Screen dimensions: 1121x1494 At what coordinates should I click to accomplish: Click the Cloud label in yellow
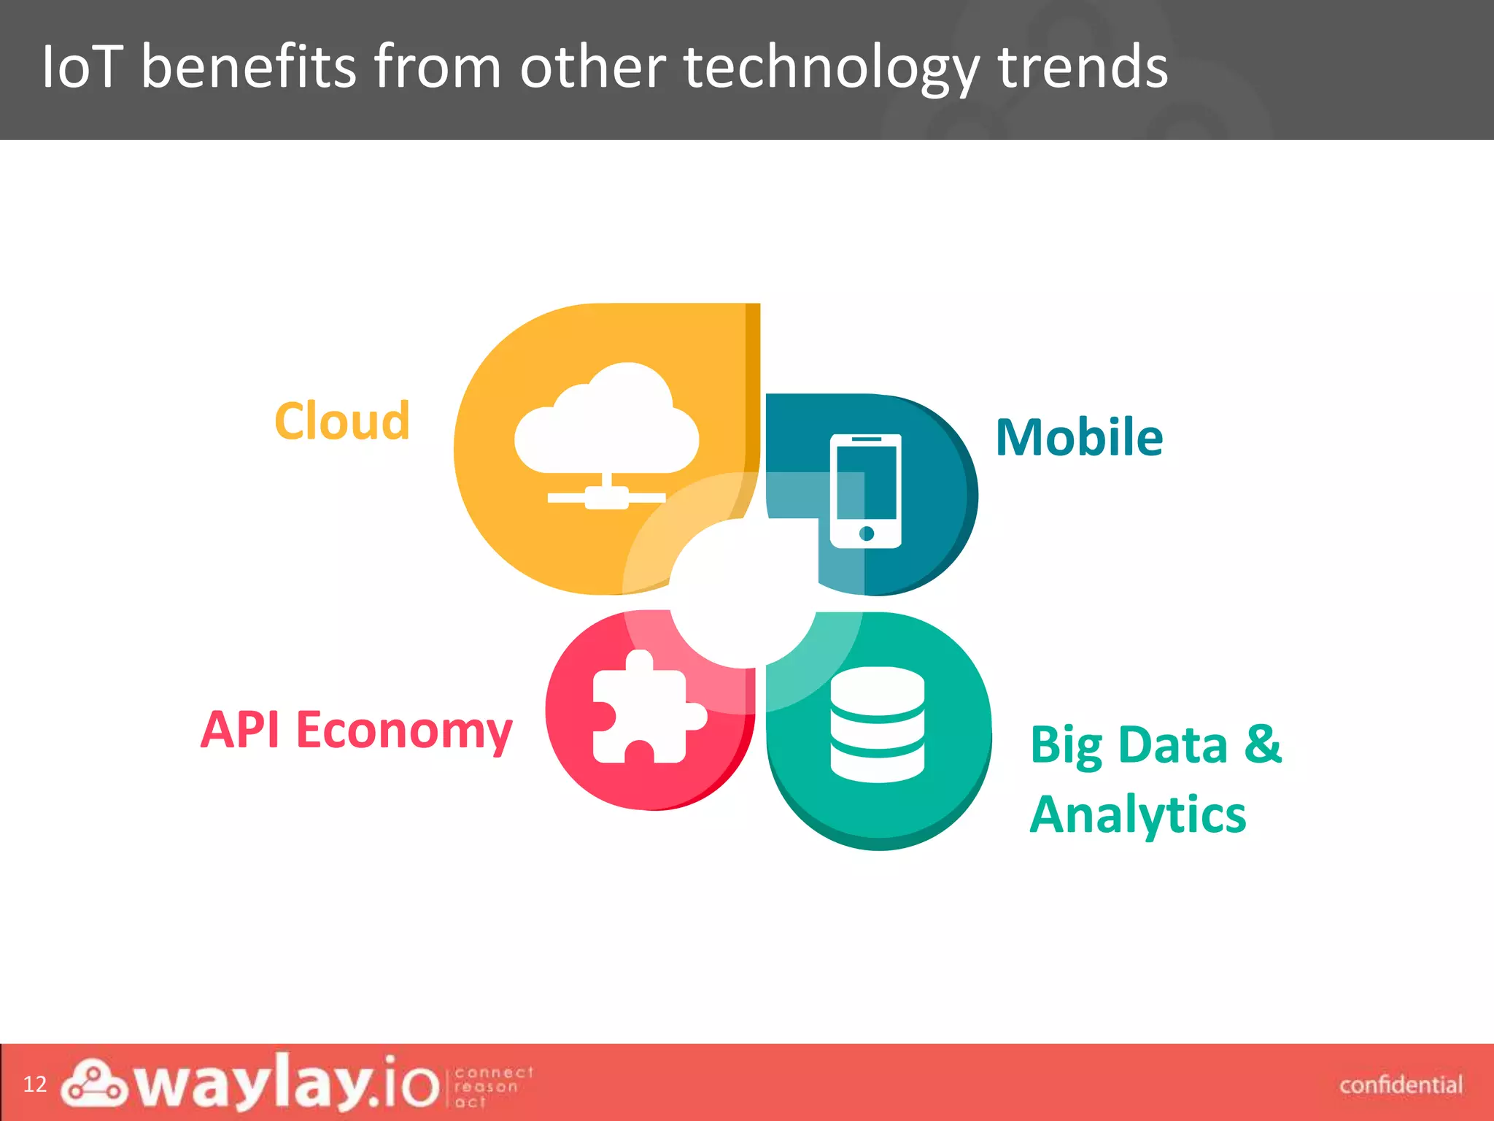[342, 421]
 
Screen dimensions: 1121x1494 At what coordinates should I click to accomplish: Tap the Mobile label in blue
[1079, 437]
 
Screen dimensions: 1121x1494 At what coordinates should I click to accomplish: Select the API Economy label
[356, 729]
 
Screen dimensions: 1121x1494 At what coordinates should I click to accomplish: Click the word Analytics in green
[1138, 814]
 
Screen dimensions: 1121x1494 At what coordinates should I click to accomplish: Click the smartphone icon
[866, 490]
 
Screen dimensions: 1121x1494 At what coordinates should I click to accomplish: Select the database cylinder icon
[877, 724]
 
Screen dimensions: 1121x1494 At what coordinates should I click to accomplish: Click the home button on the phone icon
[867, 533]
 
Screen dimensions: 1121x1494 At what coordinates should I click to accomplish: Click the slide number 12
[34, 1084]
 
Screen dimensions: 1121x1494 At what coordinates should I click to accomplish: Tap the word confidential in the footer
[1401, 1085]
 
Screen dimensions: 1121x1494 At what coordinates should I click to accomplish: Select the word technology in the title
[831, 67]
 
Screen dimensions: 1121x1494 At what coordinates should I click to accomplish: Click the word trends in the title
[1083, 67]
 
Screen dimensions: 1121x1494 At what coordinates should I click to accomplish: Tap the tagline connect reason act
[493, 1087]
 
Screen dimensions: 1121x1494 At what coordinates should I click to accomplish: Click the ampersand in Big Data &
[1262, 744]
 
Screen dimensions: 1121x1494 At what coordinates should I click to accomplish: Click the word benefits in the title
[248, 67]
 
